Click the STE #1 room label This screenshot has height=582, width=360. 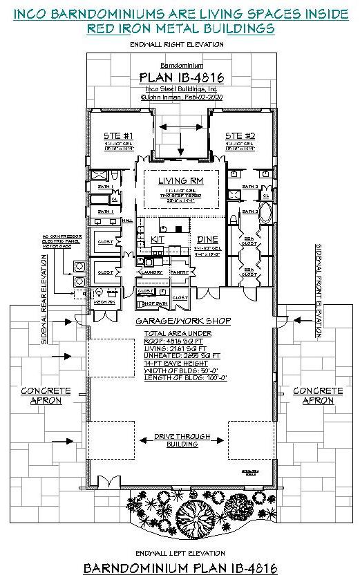pos(119,135)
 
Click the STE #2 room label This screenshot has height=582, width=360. pos(240,135)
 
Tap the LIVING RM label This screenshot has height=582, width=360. pos(180,181)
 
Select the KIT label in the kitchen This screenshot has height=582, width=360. pos(157,239)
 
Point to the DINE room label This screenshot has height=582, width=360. pos(207,239)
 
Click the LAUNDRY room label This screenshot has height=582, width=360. pos(151,272)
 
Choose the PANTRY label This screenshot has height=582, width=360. pos(180,272)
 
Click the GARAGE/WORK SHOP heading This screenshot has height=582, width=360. pos(182,322)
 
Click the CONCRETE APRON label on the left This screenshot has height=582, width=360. pos(46,395)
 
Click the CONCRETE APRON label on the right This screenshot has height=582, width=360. pos(317,395)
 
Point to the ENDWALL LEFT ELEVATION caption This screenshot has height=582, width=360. pos(180,553)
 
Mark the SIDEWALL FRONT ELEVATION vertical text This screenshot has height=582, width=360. pos(319,290)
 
